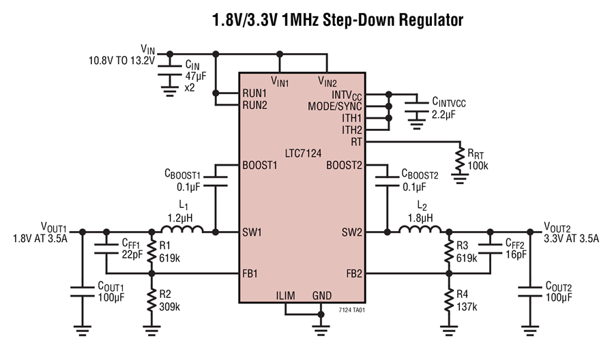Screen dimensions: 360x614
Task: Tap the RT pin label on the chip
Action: pos(356,142)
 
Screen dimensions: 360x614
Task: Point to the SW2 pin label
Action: pos(351,232)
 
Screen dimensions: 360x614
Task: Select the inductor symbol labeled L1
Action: pos(182,231)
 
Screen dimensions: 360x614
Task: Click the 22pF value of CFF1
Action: pos(131,254)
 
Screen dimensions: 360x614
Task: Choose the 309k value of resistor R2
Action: pos(169,307)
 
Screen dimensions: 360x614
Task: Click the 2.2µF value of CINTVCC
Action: pos(445,114)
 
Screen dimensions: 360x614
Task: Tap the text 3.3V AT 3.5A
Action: pos(571,238)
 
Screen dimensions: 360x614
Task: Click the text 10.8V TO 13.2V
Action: pos(121,60)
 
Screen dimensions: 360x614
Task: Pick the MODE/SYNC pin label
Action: pos(335,106)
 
